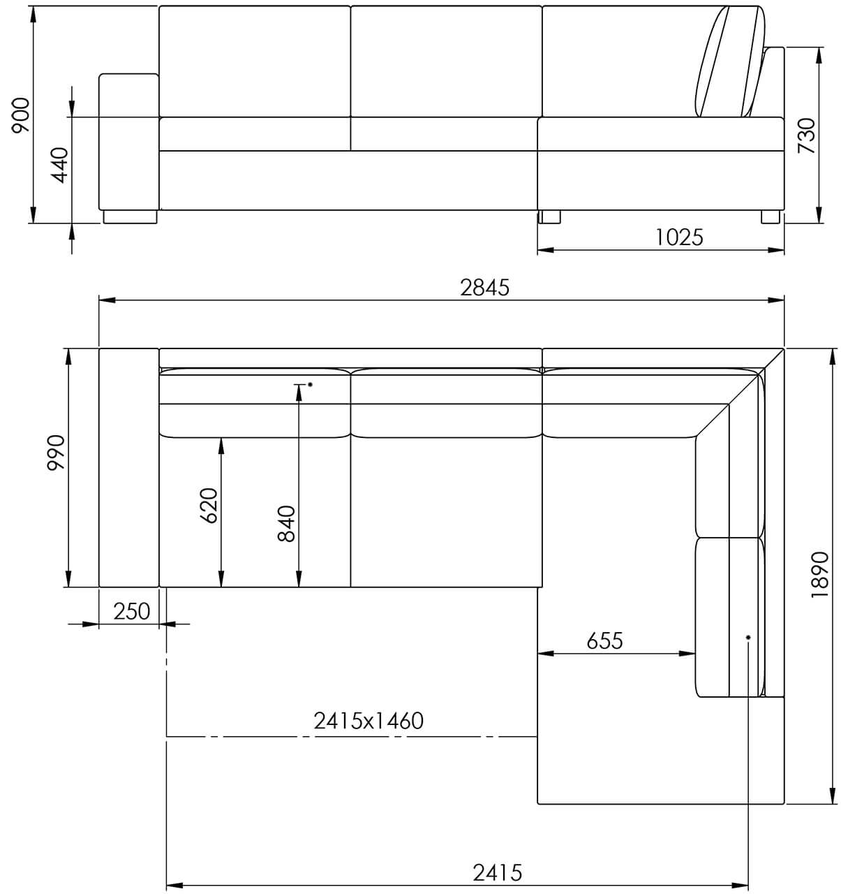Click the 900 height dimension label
point(21,115)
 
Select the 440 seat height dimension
point(60,166)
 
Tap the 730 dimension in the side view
point(806,135)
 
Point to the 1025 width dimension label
point(678,237)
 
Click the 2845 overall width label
point(484,288)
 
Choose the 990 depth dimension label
point(57,452)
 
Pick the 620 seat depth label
point(209,505)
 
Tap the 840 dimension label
point(287,524)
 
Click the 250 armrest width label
point(131,611)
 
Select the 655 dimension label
point(605,640)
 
